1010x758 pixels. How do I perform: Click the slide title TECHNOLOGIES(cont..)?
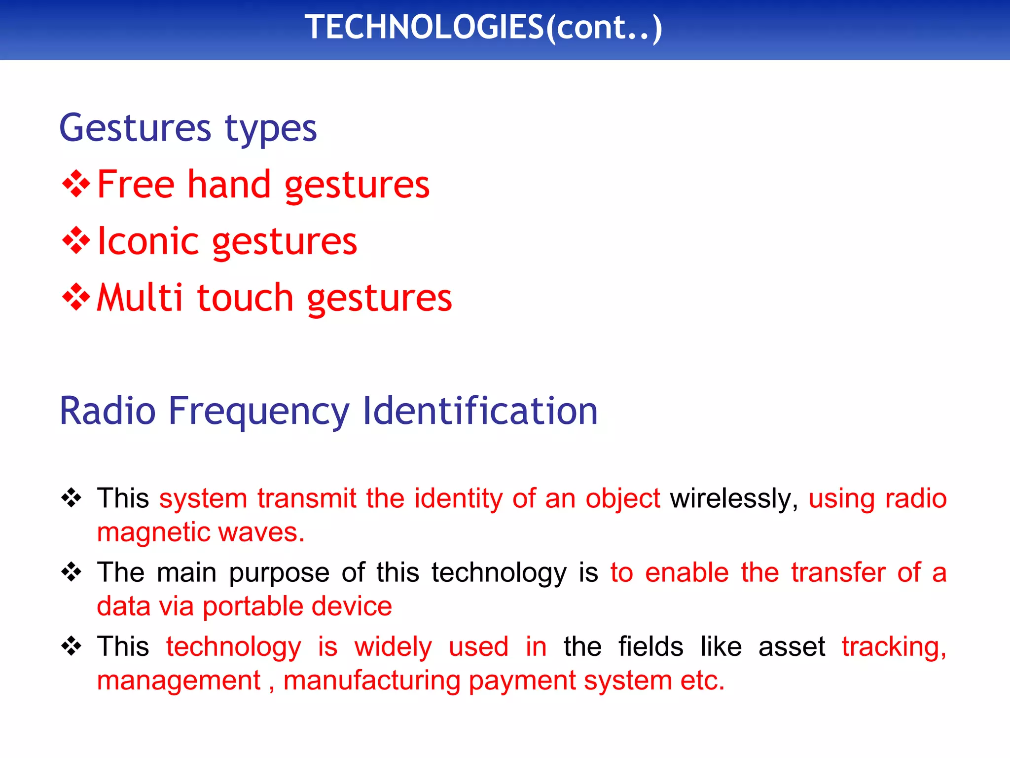(x=483, y=28)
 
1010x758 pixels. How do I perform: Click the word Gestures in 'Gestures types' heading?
(x=135, y=128)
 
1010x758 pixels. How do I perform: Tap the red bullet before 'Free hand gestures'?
(x=76, y=185)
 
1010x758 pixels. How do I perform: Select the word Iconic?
(x=148, y=241)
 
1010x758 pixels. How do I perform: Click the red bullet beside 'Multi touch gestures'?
(x=76, y=298)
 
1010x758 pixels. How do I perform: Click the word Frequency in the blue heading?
(x=258, y=412)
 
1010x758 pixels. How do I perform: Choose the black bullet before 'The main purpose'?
(x=72, y=572)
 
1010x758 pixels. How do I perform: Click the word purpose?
(x=279, y=573)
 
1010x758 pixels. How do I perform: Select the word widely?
(x=393, y=647)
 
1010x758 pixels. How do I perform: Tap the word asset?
(x=792, y=647)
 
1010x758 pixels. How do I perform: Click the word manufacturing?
(x=372, y=681)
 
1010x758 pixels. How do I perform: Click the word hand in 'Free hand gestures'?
(x=229, y=185)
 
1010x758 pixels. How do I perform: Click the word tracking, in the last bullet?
(x=894, y=647)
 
